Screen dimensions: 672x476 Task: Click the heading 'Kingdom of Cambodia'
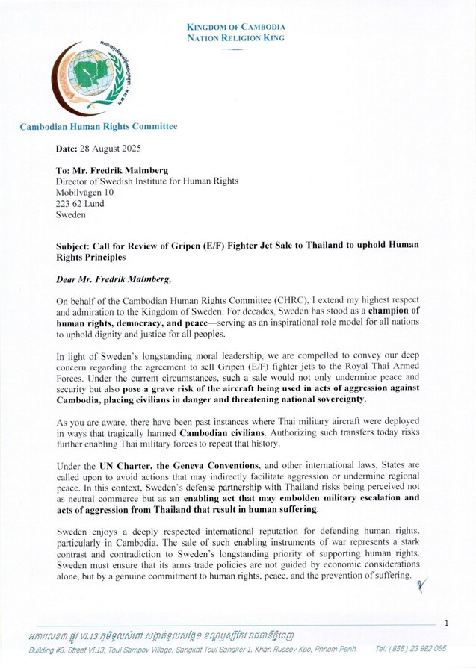tap(236, 28)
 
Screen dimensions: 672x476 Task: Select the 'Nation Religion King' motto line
tap(236, 37)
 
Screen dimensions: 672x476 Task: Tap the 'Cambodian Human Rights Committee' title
tap(99, 127)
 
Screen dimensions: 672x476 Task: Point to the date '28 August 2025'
tap(110, 149)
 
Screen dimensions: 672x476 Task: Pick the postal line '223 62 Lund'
tap(80, 204)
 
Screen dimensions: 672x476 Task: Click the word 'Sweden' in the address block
tap(71, 214)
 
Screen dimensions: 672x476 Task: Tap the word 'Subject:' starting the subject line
tap(75, 246)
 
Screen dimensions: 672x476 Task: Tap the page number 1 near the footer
tap(446, 623)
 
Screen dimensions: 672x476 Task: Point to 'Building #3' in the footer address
tap(48, 648)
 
